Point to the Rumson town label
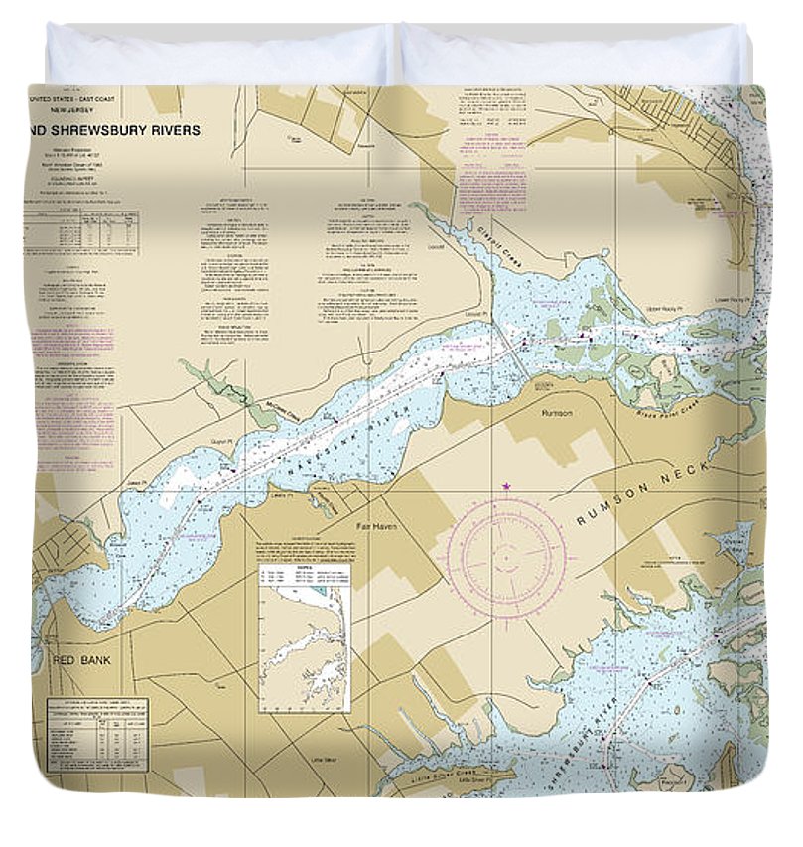pyautogui.click(x=557, y=412)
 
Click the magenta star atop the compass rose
pyautogui.click(x=506, y=486)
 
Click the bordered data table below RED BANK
pyautogui.click(x=96, y=734)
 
